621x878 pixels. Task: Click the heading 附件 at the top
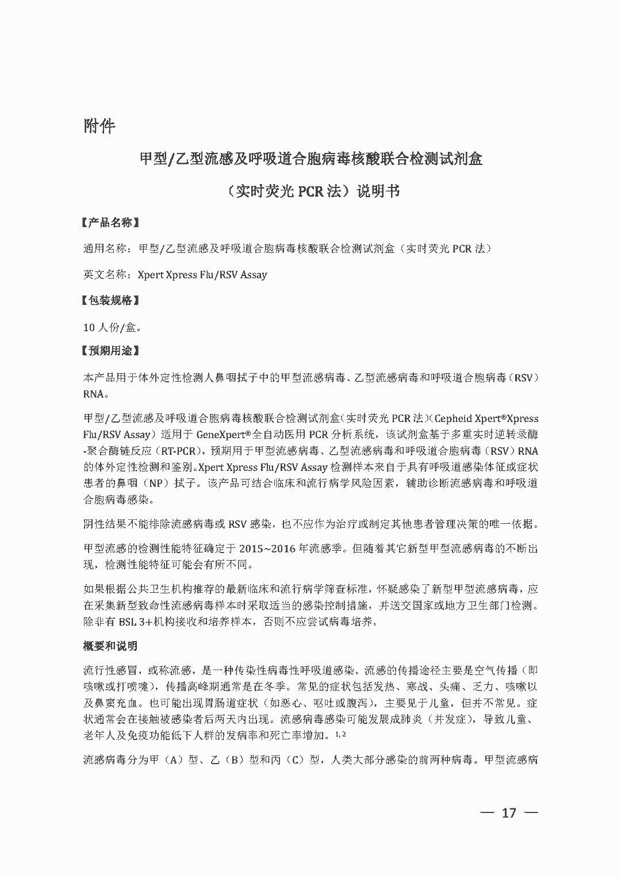pyautogui.click(x=99, y=126)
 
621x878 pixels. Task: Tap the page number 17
pyautogui.click(x=509, y=812)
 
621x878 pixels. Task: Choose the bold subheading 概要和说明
pyautogui.click(x=110, y=646)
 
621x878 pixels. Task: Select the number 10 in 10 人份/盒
pyautogui.click(x=89, y=328)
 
